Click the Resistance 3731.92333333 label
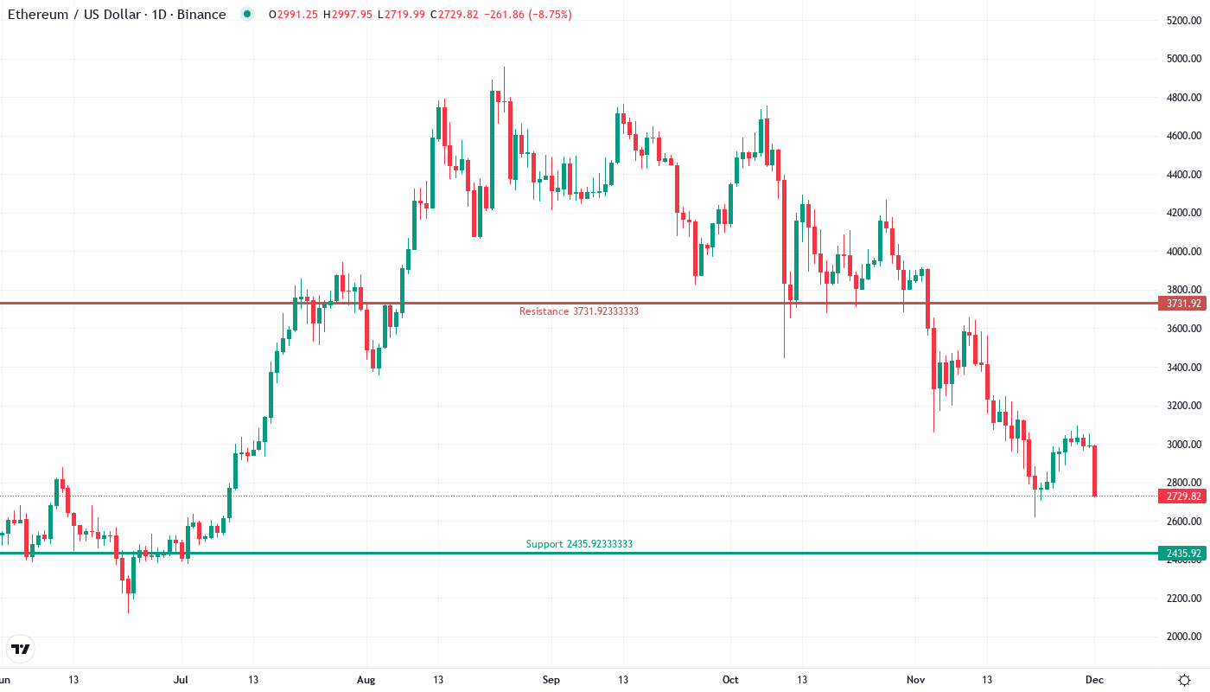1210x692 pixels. [x=578, y=311]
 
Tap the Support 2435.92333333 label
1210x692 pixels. [x=579, y=544]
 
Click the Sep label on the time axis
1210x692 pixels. [x=550, y=680]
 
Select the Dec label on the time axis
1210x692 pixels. [x=1094, y=680]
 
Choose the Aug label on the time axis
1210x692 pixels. [x=366, y=680]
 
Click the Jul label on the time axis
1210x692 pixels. [x=181, y=680]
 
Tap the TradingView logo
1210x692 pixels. [x=21, y=649]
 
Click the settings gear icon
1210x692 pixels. [x=1184, y=680]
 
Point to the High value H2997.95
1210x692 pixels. [x=347, y=15]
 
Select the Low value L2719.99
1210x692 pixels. [x=400, y=15]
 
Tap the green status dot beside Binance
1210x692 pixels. [x=248, y=15]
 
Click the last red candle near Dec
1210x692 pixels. [x=1095, y=471]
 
